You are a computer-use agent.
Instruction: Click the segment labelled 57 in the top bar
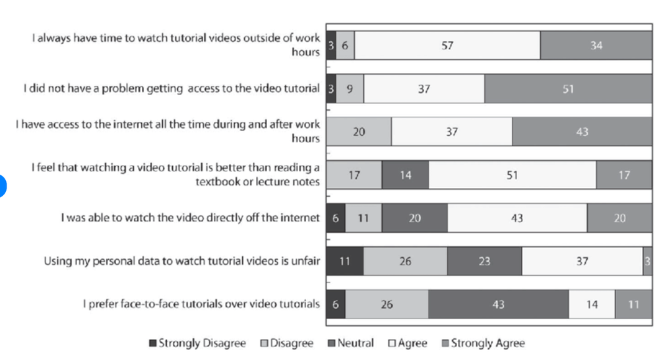(447, 46)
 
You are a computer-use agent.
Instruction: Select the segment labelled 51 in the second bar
(568, 89)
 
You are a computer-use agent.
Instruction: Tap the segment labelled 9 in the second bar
(350, 89)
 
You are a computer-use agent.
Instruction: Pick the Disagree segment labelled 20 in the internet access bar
(359, 132)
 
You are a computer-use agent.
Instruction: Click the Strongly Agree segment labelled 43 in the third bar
(582, 132)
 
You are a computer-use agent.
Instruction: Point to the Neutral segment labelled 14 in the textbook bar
(405, 175)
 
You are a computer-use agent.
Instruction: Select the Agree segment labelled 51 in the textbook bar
(512, 175)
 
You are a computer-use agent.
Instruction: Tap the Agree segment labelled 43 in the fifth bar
(517, 218)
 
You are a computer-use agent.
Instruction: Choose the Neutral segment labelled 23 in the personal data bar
(484, 261)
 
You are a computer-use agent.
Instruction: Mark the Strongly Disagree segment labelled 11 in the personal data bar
(344, 261)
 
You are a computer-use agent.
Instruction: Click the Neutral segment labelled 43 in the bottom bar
(498, 304)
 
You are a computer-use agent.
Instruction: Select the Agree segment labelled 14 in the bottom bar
(592, 304)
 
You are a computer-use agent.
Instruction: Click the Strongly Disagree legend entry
(198, 344)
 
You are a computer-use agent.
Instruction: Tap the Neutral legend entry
(350, 344)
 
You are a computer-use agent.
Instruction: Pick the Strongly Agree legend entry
(483, 344)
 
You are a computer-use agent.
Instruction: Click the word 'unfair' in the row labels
(304, 261)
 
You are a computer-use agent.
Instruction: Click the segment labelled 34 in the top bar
(596, 46)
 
